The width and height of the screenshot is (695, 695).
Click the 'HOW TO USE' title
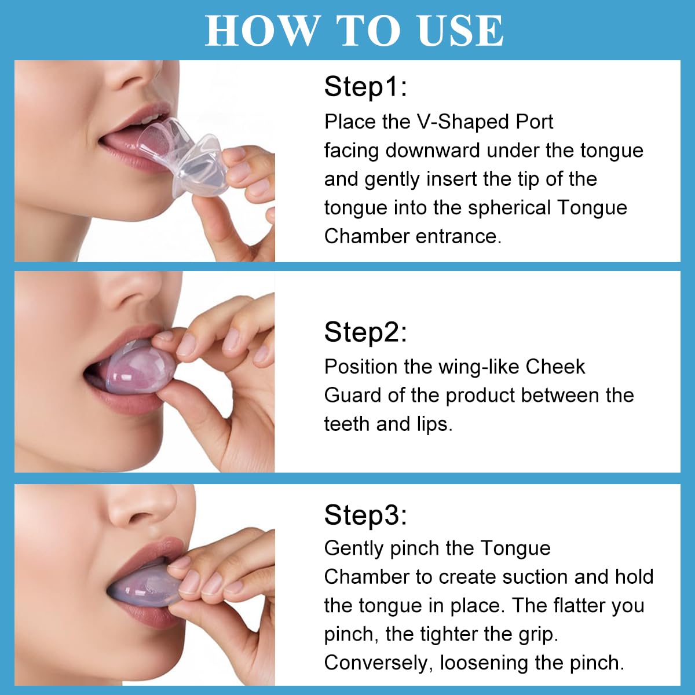point(354,31)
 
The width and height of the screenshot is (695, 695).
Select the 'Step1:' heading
point(365,87)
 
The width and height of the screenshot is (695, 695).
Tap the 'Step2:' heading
point(365,332)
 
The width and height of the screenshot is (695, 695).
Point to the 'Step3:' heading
point(365,514)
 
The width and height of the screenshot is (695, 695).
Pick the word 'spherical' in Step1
point(509,207)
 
